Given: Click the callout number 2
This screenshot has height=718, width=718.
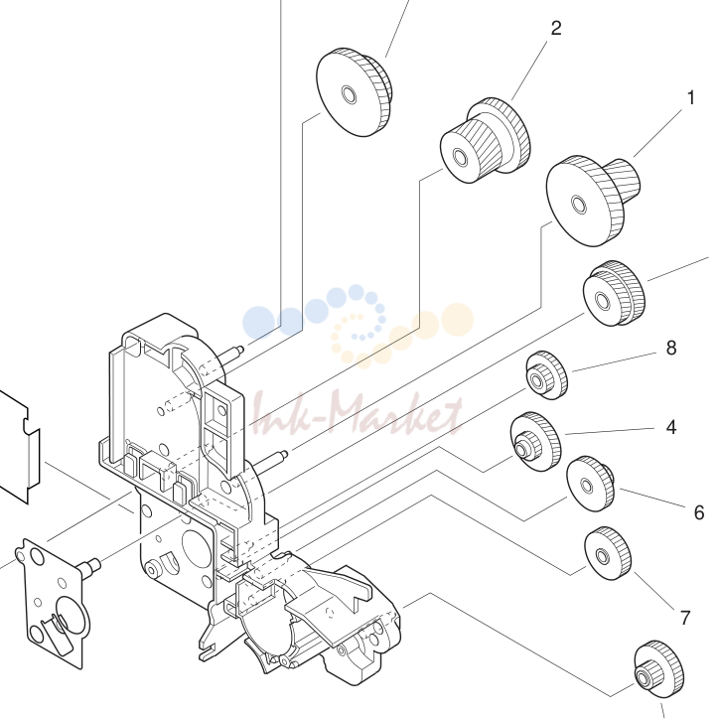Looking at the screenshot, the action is (x=555, y=29).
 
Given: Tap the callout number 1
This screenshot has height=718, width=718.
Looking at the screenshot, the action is (x=691, y=97).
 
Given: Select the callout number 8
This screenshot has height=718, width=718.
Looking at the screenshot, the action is (x=671, y=348).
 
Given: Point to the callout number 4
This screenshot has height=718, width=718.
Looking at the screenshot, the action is (x=671, y=427).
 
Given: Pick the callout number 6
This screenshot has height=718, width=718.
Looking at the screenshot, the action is (x=699, y=512).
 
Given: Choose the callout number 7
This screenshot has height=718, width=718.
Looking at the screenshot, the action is (x=685, y=618).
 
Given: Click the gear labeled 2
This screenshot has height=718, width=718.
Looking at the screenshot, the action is (x=486, y=140).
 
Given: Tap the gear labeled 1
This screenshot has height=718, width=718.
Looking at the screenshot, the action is (x=594, y=200).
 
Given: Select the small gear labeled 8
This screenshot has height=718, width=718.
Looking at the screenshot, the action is (x=547, y=375).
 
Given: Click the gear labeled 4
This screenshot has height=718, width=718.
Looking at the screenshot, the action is (x=535, y=441).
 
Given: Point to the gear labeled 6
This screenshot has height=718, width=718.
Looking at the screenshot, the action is (x=590, y=483).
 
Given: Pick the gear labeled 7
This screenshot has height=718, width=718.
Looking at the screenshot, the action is (x=608, y=553).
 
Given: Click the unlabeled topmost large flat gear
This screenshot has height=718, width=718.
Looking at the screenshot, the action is (x=355, y=91).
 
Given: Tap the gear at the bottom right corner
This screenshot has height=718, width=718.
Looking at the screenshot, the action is (x=659, y=669).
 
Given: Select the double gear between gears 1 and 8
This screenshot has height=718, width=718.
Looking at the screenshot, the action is (x=614, y=294).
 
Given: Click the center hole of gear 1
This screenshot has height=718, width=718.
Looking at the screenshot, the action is (x=579, y=205).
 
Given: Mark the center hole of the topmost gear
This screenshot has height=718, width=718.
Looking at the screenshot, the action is (x=349, y=94).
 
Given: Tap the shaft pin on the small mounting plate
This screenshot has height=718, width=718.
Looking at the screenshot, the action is (x=88, y=566).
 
